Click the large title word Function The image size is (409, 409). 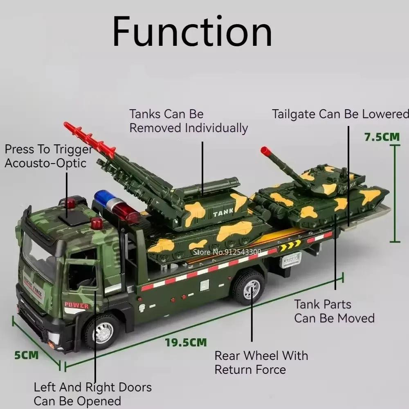tap(192, 32)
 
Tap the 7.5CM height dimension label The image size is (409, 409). tap(382, 137)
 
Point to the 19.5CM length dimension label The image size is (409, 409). tap(186, 342)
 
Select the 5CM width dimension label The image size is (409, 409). tap(27, 355)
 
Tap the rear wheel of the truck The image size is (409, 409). tap(248, 286)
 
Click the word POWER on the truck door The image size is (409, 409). tap(76, 306)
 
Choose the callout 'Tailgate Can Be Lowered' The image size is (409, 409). tap(340, 114)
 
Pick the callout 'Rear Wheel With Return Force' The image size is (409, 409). tap(261, 362)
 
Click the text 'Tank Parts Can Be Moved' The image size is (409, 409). tap(334, 311)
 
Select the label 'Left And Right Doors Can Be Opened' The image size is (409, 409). tap(92, 393)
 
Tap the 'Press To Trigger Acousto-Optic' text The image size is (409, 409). tap(48, 156)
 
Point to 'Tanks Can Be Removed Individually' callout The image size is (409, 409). tap(189, 121)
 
